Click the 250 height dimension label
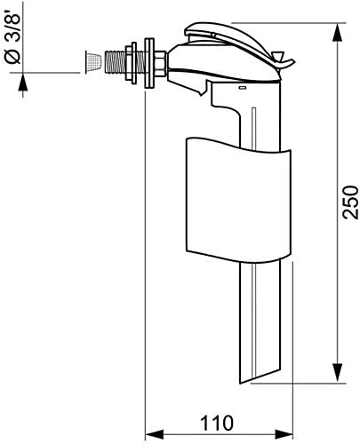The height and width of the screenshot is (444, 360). point(350,202)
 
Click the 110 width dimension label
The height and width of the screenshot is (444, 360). point(217,423)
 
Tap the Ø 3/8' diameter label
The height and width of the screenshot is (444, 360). point(13,37)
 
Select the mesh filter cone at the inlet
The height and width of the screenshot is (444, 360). point(93,62)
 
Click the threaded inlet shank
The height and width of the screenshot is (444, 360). point(116,61)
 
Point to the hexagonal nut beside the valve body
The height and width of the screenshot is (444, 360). point(160,63)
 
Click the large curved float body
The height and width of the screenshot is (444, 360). point(238,200)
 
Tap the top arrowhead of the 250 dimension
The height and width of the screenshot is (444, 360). point(338,33)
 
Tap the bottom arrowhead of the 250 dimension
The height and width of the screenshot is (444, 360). point(338,373)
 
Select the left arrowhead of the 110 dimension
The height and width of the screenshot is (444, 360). point(154,434)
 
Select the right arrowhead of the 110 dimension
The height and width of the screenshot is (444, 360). point(284,434)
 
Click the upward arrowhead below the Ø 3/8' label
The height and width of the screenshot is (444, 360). point(23,82)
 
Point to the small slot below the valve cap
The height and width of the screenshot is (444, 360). point(243,88)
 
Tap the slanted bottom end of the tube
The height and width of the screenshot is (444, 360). point(260,376)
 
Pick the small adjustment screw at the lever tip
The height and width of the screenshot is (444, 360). point(277,56)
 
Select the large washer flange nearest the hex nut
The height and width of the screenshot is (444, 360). point(149,63)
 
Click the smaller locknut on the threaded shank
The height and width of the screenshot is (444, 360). point(131,62)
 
